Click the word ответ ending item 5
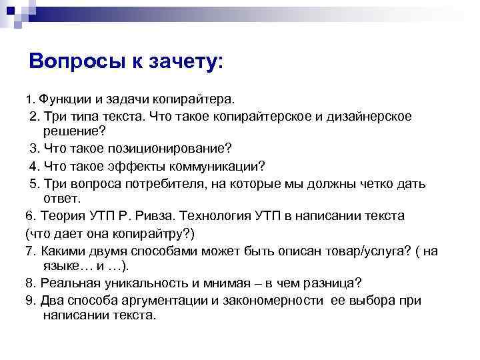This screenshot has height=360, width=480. pyautogui.click(x=61, y=199)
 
